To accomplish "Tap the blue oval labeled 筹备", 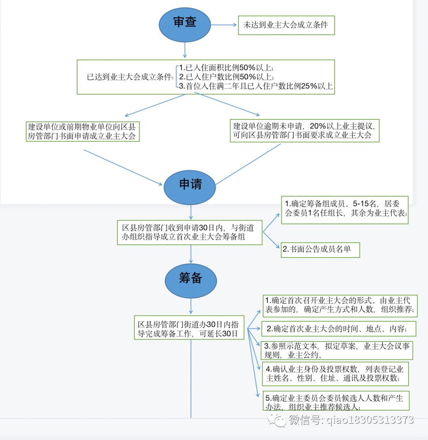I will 191,279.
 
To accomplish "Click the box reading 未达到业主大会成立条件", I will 286,25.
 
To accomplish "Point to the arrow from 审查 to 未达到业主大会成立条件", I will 224,25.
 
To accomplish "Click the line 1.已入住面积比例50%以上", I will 226,68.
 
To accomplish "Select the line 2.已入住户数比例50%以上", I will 226,77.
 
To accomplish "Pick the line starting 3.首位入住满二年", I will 256,86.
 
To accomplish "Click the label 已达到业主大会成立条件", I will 130,77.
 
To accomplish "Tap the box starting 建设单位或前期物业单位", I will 82,131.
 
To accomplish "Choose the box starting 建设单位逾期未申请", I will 304,131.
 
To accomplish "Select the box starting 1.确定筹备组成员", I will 344,209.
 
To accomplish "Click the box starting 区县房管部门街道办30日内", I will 189,328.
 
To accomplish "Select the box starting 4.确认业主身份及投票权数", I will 335,373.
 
